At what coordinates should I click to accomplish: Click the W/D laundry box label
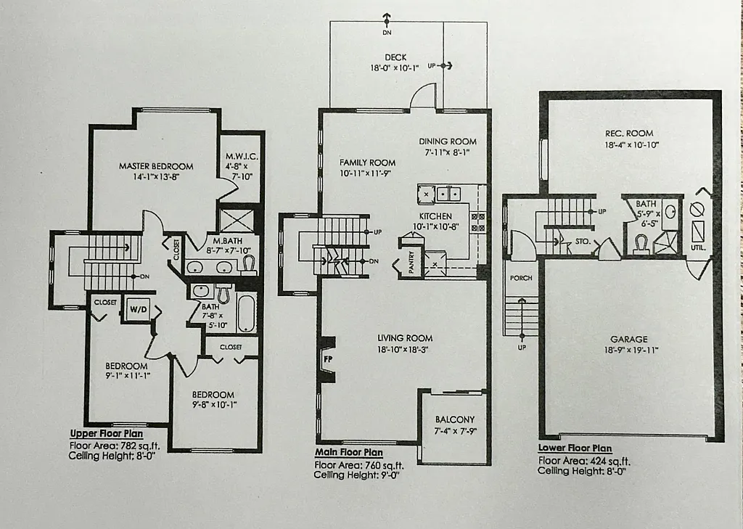[137, 308]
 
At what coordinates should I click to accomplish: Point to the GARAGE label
[628, 339]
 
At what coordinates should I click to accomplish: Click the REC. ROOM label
[629, 134]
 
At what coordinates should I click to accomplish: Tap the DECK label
[395, 57]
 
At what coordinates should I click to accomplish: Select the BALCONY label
[455, 419]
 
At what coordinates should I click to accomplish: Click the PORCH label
[521, 278]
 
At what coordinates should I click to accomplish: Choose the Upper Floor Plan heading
[107, 432]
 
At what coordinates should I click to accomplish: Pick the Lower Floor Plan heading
[575, 448]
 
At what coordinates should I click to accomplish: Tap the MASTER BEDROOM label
[156, 166]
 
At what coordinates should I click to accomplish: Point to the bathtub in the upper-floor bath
[246, 313]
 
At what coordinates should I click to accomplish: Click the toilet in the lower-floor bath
[641, 244]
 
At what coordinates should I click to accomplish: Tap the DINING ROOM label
[448, 142]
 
